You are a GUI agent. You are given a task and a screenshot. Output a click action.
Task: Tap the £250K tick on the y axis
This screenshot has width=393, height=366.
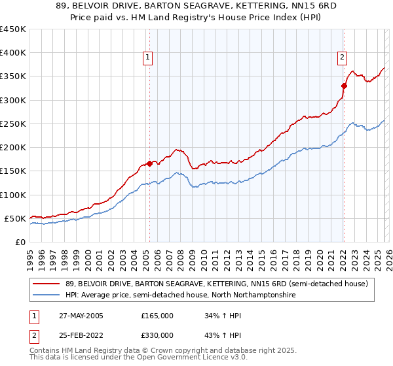pos(13,124)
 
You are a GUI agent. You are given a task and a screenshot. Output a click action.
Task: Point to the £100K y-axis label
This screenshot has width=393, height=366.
pos(13,195)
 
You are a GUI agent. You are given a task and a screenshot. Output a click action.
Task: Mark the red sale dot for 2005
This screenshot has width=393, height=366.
pos(149,163)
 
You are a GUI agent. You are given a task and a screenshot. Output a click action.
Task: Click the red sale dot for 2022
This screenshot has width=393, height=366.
pos(344,85)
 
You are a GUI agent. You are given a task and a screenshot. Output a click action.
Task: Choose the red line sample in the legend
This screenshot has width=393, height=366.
pos(45,284)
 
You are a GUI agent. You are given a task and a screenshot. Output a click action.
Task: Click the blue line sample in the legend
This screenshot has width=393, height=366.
pos(45,295)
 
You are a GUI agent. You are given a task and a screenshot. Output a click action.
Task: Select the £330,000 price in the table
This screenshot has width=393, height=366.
pos(157,335)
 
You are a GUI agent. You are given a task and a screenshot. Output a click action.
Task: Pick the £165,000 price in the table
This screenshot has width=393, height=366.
pos(157,316)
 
